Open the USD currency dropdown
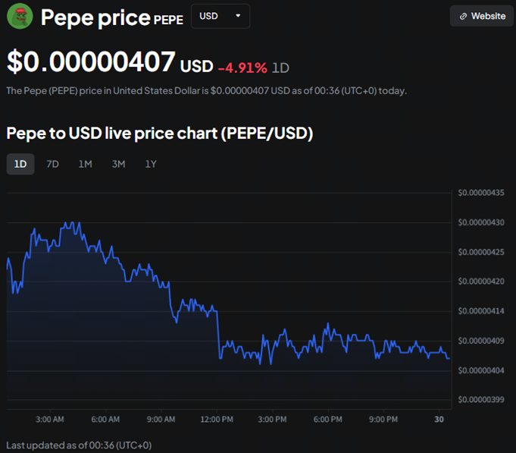click(x=220, y=16)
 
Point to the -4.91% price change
click(x=242, y=68)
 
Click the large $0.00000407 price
click(x=91, y=62)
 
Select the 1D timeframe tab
click(x=20, y=164)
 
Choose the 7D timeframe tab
click(x=52, y=164)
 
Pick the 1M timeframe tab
click(x=85, y=164)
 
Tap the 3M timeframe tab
click(x=118, y=164)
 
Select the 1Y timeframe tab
click(x=151, y=164)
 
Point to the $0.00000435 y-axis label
click(x=481, y=193)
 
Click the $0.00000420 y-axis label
click(x=481, y=282)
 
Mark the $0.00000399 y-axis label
click(x=481, y=400)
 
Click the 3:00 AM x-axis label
click(x=49, y=419)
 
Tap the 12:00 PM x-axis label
click(x=216, y=419)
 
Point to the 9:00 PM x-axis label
click(x=383, y=419)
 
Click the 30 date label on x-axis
click(x=439, y=419)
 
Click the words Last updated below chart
click(x=38, y=445)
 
